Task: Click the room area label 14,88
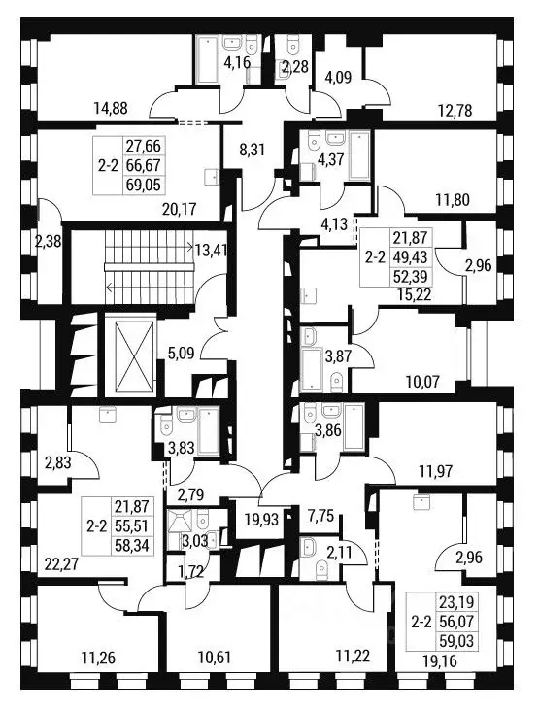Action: click(x=111, y=109)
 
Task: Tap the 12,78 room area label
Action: click(x=455, y=110)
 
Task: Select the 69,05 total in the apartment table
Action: click(x=144, y=185)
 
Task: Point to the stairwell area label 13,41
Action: click(x=212, y=249)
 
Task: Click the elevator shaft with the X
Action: click(x=130, y=355)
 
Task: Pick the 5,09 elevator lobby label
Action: click(x=182, y=353)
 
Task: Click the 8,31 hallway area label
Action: click(x=252, y=150)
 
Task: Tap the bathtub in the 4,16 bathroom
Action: click(x=208, y=60)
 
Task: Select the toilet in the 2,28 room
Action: click(x=293, y=45)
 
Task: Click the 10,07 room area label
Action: click(x=422, y=382)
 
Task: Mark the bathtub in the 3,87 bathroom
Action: click(x=312, y=369)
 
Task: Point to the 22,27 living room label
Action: click(x=62, y=564)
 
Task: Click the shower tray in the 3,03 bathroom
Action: click(x=179, y=522)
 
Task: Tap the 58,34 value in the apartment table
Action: click(x=133, y=546)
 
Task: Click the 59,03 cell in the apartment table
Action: click(x=456, y=640)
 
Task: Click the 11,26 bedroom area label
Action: click(x=98, y=657)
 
